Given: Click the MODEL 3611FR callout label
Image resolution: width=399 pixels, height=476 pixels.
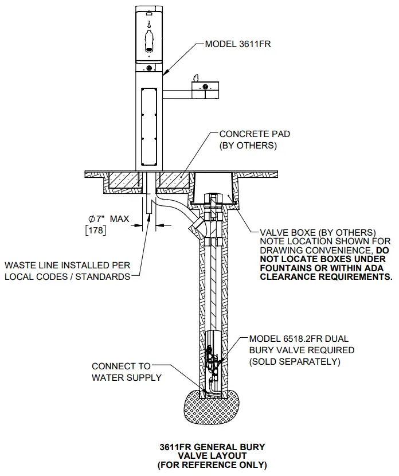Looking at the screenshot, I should (237, 44).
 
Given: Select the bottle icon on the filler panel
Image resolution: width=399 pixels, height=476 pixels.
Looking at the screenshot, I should (149, 42).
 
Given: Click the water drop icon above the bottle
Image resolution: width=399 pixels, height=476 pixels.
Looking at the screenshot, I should (149, 25).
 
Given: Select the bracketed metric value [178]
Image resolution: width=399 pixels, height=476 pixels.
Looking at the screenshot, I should (96, 231).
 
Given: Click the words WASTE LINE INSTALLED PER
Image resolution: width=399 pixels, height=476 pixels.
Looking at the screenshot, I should (67, 266).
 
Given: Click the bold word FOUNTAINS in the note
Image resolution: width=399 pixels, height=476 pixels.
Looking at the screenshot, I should (285, 267).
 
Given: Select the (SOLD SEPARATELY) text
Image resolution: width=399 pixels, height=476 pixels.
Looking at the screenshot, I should (295, 362).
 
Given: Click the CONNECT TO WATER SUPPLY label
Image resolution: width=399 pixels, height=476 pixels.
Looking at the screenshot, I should (122, 372).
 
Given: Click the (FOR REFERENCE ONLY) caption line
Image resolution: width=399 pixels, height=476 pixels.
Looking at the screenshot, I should (212, 465).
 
